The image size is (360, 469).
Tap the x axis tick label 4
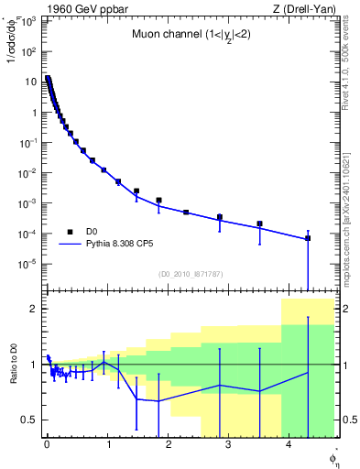[x=289, y=445]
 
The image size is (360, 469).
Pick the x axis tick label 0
[x=47, y=445]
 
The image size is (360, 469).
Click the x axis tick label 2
[x=169, y=445]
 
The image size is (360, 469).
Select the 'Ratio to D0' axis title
[x=11, y=364]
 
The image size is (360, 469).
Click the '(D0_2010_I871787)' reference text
[x=190, y=274]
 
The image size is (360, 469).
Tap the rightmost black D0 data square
[x=308, y=238]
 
